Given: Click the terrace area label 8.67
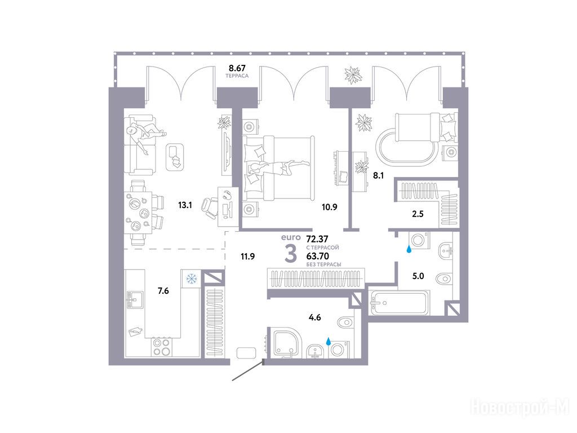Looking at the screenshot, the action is [x=237, y=68].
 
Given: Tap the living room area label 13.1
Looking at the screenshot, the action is [x=185, y=205].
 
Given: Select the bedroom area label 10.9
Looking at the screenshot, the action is [x=329, y=207].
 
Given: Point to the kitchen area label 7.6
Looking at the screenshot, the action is [x=163, y=291].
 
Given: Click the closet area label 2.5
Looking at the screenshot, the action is [x=418, y=214].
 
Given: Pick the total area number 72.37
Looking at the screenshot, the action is [x=317, y=239].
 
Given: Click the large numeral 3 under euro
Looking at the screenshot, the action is [x=291, y=254].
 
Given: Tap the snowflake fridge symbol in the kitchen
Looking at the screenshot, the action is [x=192, y=279].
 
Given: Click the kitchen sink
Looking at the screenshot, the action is [x=135, y=299].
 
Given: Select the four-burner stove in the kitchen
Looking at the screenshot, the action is [x=162, y=347].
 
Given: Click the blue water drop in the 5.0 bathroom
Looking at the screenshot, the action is [x=409, y=250].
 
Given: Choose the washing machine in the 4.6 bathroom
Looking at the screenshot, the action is [x=339, y=350].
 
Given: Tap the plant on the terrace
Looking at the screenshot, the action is [x=354, y=75].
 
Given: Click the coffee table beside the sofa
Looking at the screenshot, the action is [x=175, y=157].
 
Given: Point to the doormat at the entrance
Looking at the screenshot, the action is [x=247, y=353].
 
